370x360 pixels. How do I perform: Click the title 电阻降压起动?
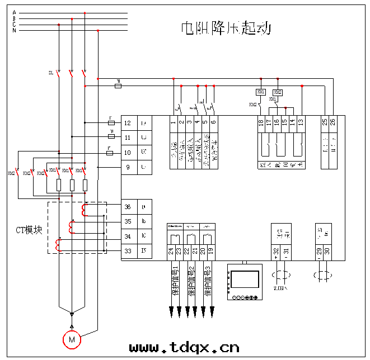[226, 28]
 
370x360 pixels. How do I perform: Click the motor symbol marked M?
[72, 339]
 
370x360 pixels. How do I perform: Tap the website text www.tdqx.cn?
[184, 347]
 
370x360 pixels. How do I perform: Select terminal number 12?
[128, 123]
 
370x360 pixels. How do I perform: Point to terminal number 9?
[128, 167]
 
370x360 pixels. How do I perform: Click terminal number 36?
[128, 207]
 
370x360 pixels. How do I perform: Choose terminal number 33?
[128, 251]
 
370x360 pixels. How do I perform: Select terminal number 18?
[261, 122]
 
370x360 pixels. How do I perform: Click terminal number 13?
[301, 122]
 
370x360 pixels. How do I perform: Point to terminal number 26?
[333, 122]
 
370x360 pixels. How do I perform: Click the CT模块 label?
[29, 230]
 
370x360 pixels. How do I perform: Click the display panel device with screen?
[245, 282]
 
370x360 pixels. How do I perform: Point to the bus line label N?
[15, 30]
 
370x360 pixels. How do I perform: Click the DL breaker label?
[50, 73]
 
